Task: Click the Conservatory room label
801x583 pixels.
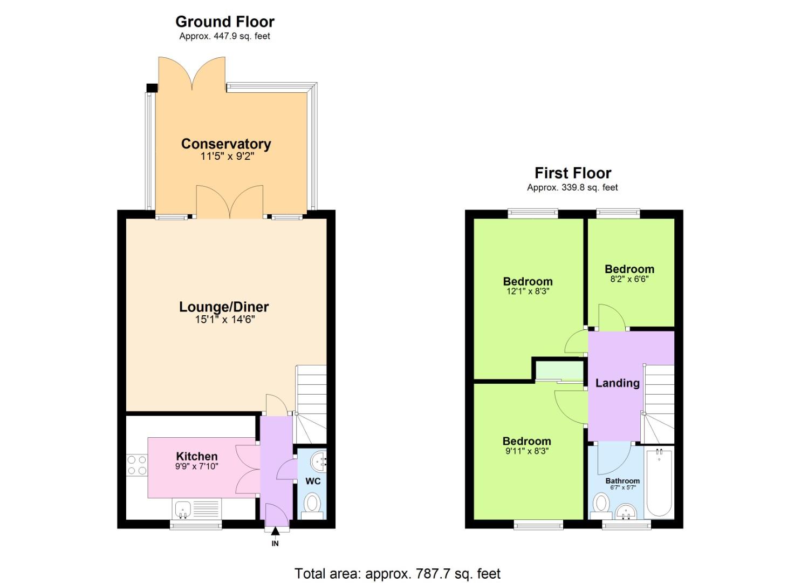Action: (225, 144)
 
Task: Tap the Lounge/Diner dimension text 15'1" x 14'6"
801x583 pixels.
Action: (224, 320)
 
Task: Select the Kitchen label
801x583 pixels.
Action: (197, 457)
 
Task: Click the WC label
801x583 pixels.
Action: (313, 481)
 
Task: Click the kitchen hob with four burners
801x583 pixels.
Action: (137, 465)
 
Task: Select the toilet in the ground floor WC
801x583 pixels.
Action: (312, 505)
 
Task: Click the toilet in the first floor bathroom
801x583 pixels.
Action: (600, 505)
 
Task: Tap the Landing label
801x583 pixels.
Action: (617, 383)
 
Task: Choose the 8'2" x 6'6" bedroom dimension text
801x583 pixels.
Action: (629, 280)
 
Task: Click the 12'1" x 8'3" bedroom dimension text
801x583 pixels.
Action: (528, 291)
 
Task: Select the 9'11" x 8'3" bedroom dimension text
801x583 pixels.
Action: (526, 451)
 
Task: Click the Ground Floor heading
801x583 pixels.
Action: (225, 22)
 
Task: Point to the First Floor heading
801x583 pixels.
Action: (573, 173)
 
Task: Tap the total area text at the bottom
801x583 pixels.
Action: (398, 573)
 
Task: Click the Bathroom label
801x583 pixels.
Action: (622, 481)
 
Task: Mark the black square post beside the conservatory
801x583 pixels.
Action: (152, 88)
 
